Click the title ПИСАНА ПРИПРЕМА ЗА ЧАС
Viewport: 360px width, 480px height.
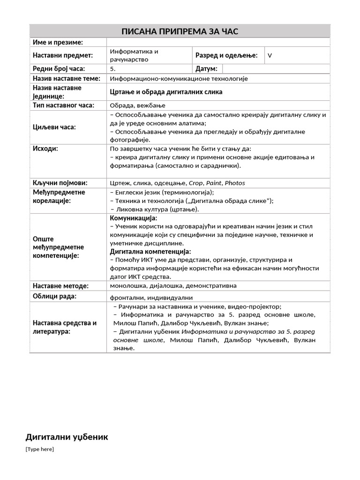pos(180,31)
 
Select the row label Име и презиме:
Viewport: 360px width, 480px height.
pos(58,43)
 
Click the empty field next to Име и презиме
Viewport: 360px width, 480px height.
pos(218,43)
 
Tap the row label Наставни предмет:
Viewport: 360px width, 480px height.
pos(63,55)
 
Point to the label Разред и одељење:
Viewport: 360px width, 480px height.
pos(226,55)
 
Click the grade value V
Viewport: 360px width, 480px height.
pos(270,56)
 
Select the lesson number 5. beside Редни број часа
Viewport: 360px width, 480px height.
pos(112,69)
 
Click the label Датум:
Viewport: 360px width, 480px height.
pos(206,69)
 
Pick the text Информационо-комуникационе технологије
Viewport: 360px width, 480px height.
pos(179,78)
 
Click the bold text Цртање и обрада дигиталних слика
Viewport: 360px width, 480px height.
pos(166,92)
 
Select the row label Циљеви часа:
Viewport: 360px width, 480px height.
pos(54,127)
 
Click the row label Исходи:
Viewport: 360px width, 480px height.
pos(45,149)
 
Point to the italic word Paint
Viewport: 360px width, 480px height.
pos(215,183)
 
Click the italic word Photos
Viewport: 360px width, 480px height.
pos(235,183)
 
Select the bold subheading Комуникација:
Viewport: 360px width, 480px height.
pos(134,218)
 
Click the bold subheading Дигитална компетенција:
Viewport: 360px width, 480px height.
pos(150,252)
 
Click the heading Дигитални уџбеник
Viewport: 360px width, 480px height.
pos(67,437)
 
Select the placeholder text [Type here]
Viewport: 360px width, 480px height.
pos(40,450)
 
